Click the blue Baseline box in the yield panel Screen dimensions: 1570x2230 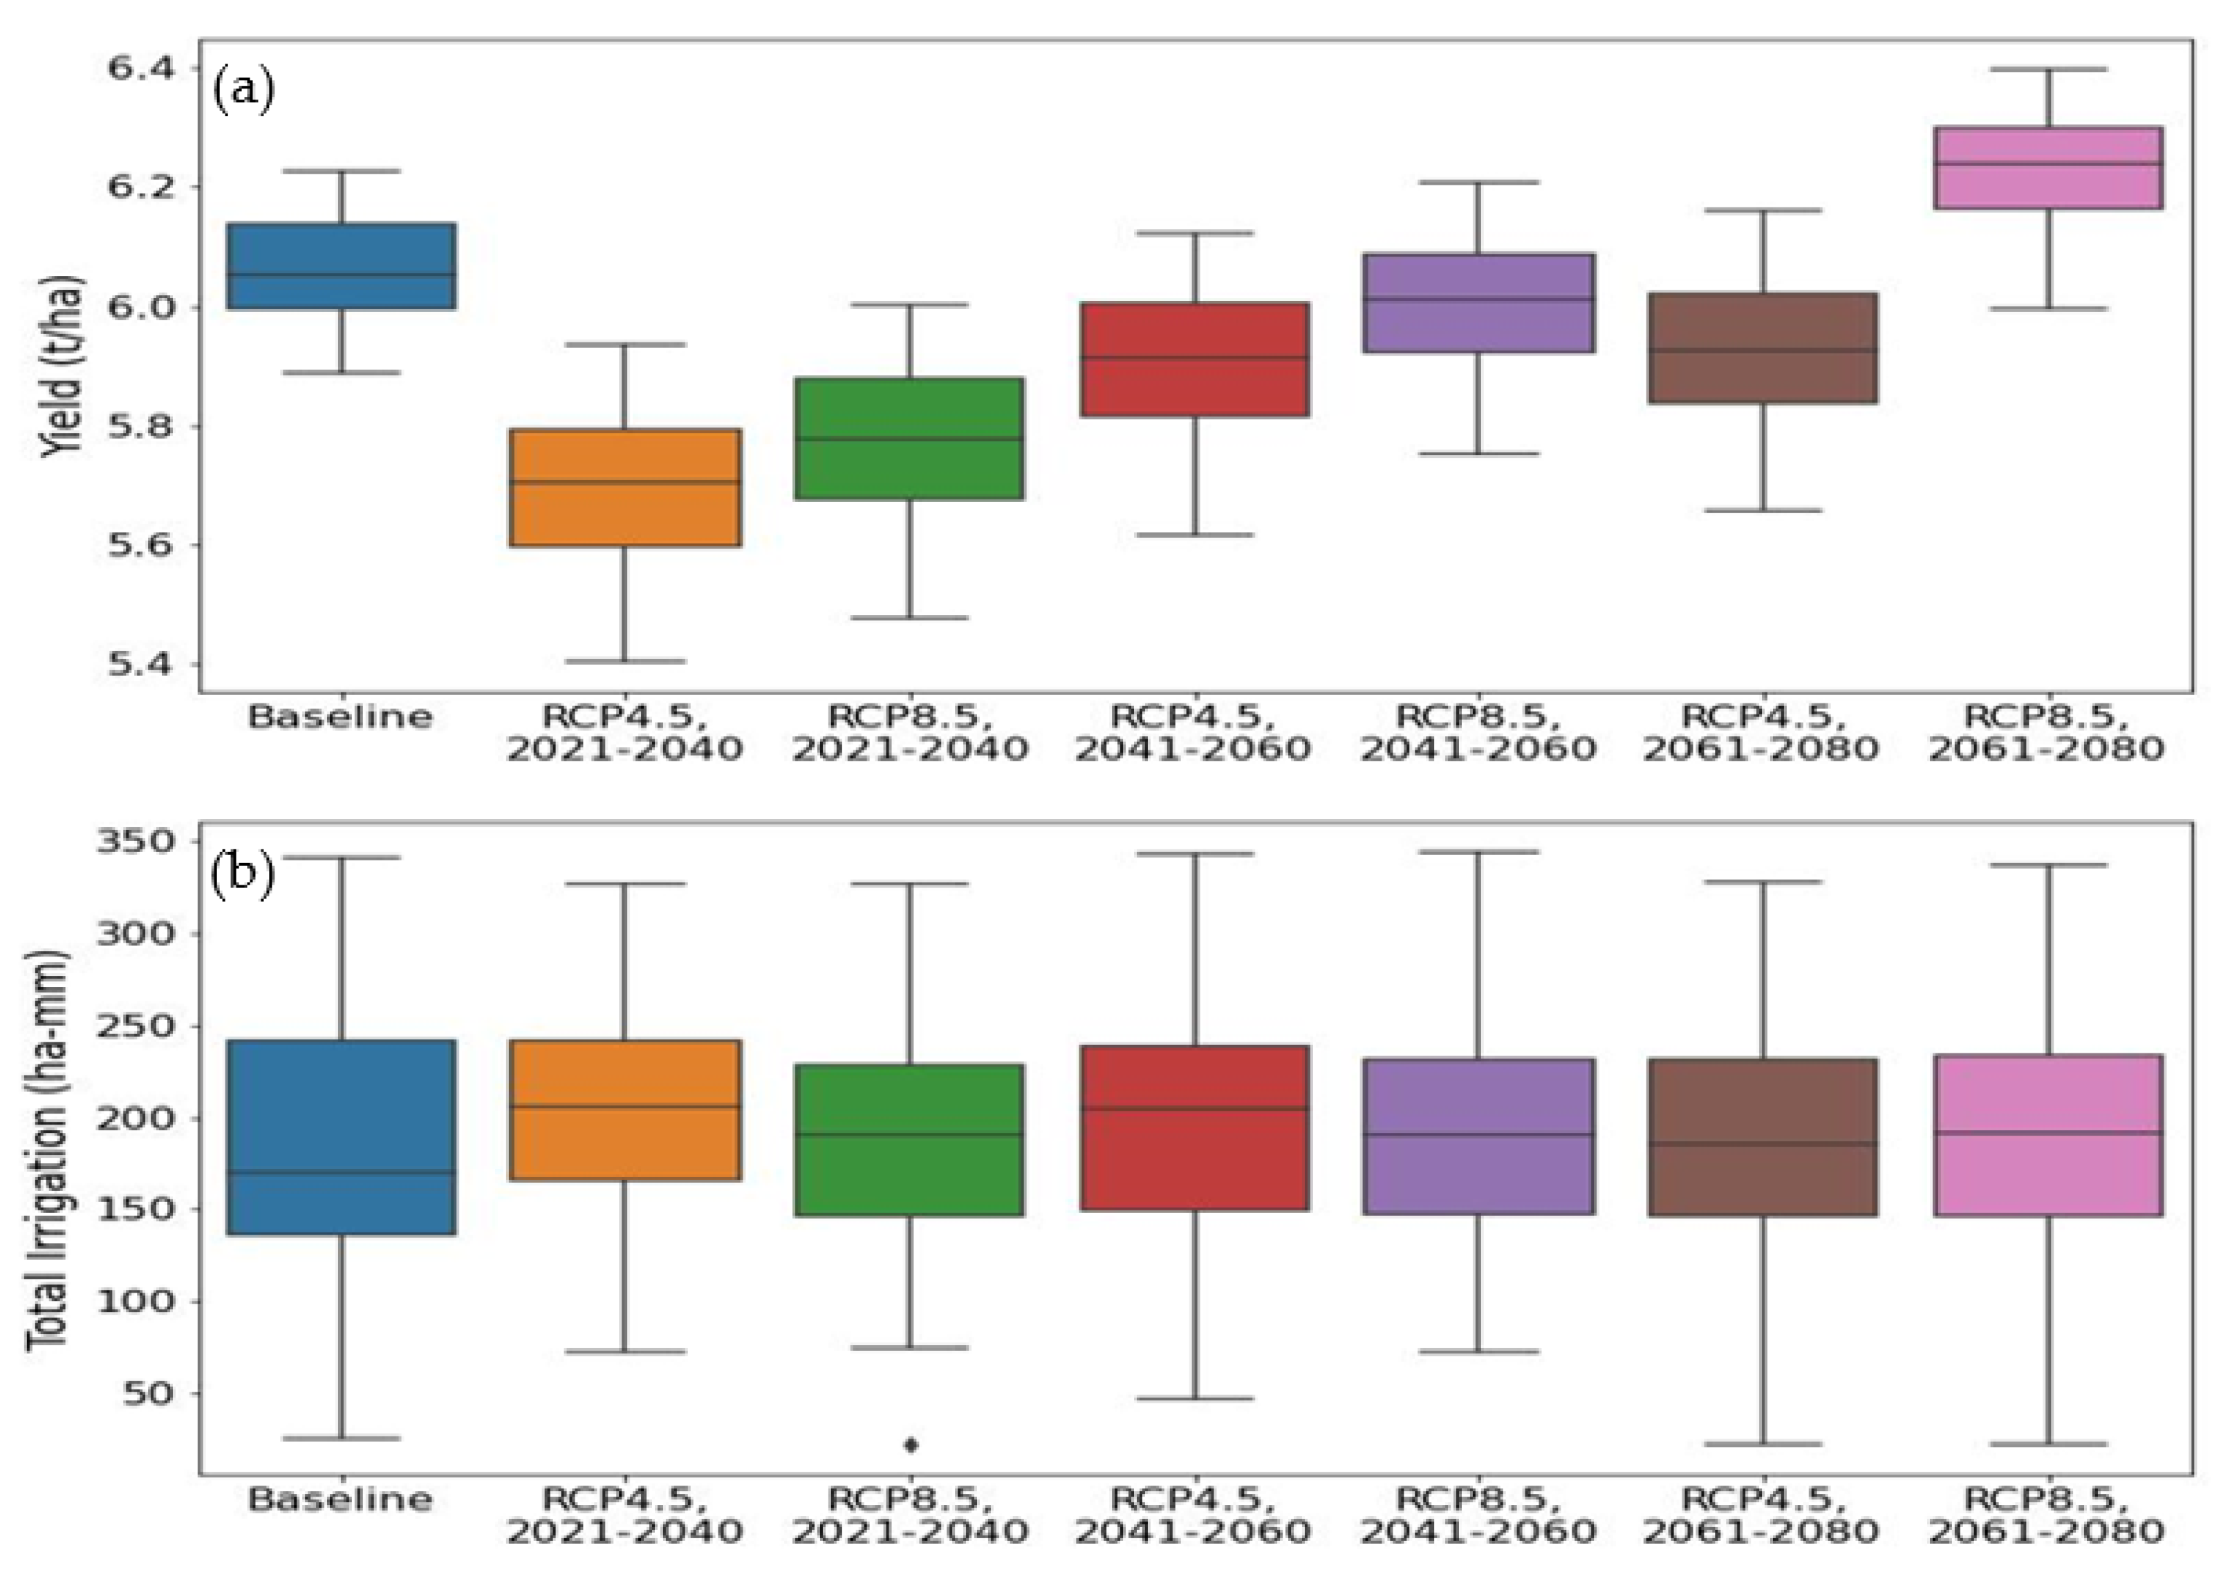click(x=342, y=266)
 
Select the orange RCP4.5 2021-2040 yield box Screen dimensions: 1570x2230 click(x=626, y=487)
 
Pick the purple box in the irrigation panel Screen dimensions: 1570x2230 click(x=1479, y=1136)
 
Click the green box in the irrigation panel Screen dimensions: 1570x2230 click(x=910, y=1140)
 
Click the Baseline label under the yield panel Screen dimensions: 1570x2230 click(x=340, y=718)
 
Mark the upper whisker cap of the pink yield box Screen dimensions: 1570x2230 click(x=2048, y=70)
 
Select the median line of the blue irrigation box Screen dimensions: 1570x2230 click(x=342, y=1172)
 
